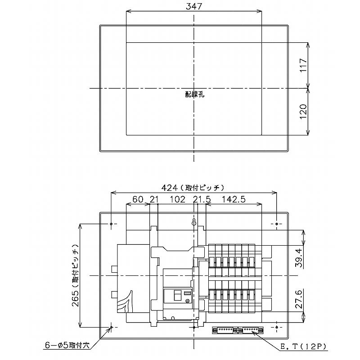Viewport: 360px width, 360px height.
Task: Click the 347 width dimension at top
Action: pyautogui.click(x=193, y=6)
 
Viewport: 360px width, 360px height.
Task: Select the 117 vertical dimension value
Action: pyautogui.click(x=302, y=66)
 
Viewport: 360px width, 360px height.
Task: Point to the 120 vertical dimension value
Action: pyautogui.click(x=302, y=112)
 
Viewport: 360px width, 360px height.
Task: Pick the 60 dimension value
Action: pyautogui.click(x=138, y=199)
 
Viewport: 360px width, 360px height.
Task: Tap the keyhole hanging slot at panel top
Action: pyautogui.click(x=194, y=223)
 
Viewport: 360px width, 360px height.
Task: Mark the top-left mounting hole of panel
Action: pyautogui.click(x=111, y=223)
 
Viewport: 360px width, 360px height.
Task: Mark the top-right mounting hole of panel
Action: pyautogui.click(x=276, y=223)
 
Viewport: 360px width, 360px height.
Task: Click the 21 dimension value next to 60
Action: pyautogui.click(x=154, y=199)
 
